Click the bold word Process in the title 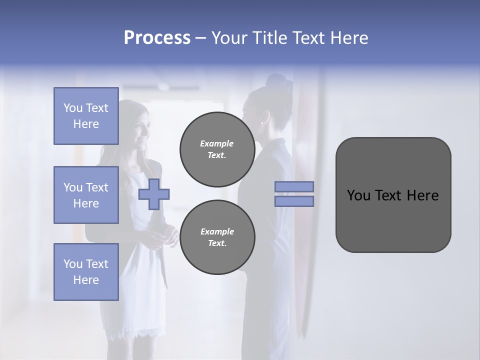coord(157,38)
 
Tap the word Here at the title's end coord(348,38)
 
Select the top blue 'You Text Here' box coord(86,116)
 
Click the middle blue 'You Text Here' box coord(86,195)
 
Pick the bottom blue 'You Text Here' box coord(86,272)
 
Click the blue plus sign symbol coord(154,194)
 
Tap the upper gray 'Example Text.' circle coord(217,149)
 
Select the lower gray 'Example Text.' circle coord(217,237)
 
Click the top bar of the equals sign coord(294,186)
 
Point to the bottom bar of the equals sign coord(294,201)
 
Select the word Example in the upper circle coord(217,143)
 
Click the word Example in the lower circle coord(217,231)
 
